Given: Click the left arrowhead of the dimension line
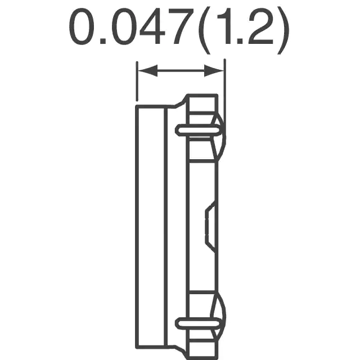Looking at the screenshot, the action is [x=147, y=70].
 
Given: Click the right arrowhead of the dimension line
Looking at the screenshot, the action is [x=214, y=70].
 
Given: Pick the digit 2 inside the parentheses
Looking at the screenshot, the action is [x=260, y=26].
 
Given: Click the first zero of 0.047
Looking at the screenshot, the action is [x=82, y=26].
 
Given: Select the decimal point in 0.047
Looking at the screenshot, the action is [x=103, y=41].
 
